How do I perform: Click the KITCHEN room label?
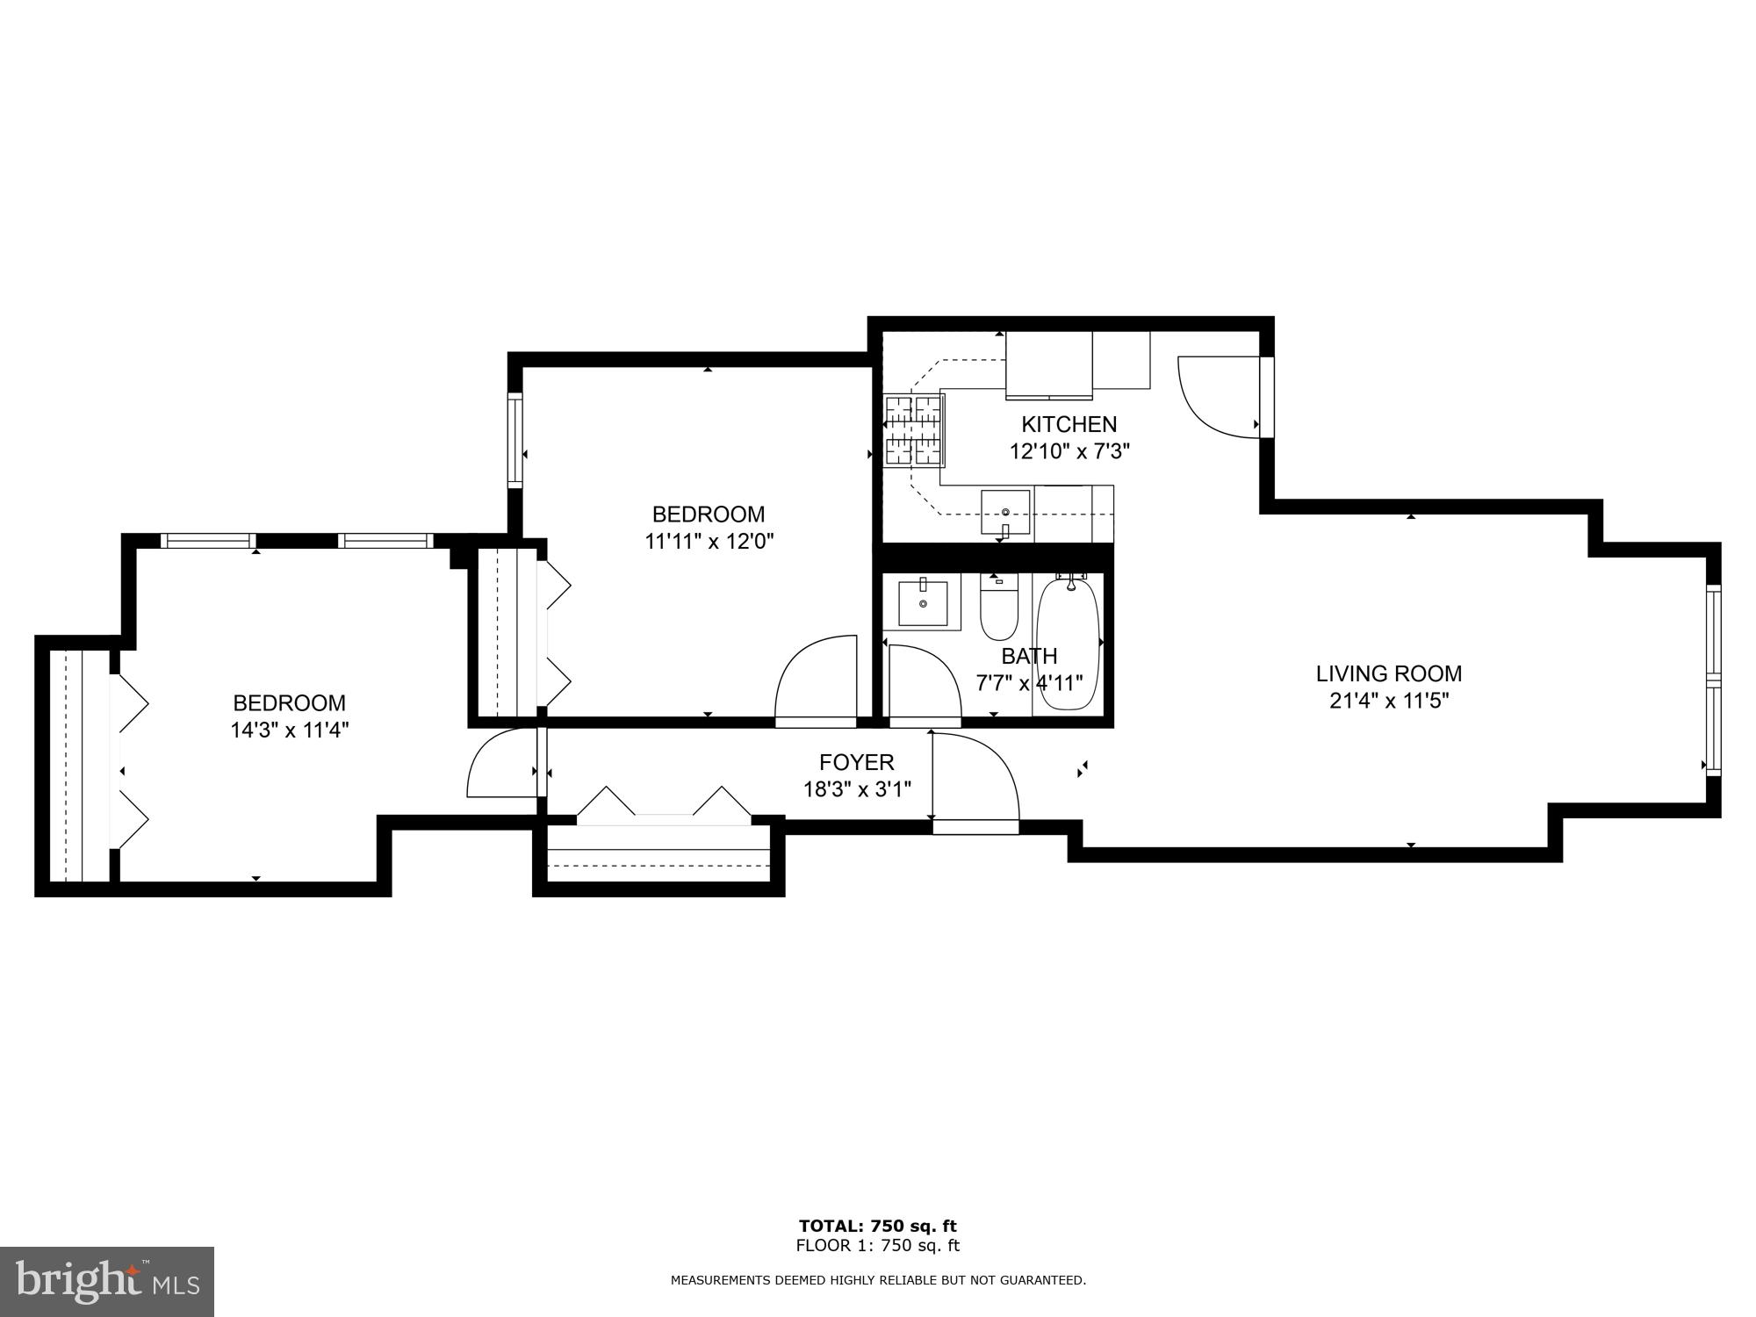tap(1069, 425)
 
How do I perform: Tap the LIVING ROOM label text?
tap(1388, 674)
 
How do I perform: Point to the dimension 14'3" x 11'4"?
tap(290, 730)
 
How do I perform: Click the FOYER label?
tap(856, 762)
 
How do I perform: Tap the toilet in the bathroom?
tap(998, 608)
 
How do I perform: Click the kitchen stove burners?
tap(914, 429)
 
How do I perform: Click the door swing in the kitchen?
tap(1216, 395)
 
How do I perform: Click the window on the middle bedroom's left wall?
tap(515, 441)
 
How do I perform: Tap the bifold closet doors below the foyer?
tap(663, 804)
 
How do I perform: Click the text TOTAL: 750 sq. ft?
tap(877, 1227)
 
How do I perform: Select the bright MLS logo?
tap(107, 1282)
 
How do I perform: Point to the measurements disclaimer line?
tap(878, 1281)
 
